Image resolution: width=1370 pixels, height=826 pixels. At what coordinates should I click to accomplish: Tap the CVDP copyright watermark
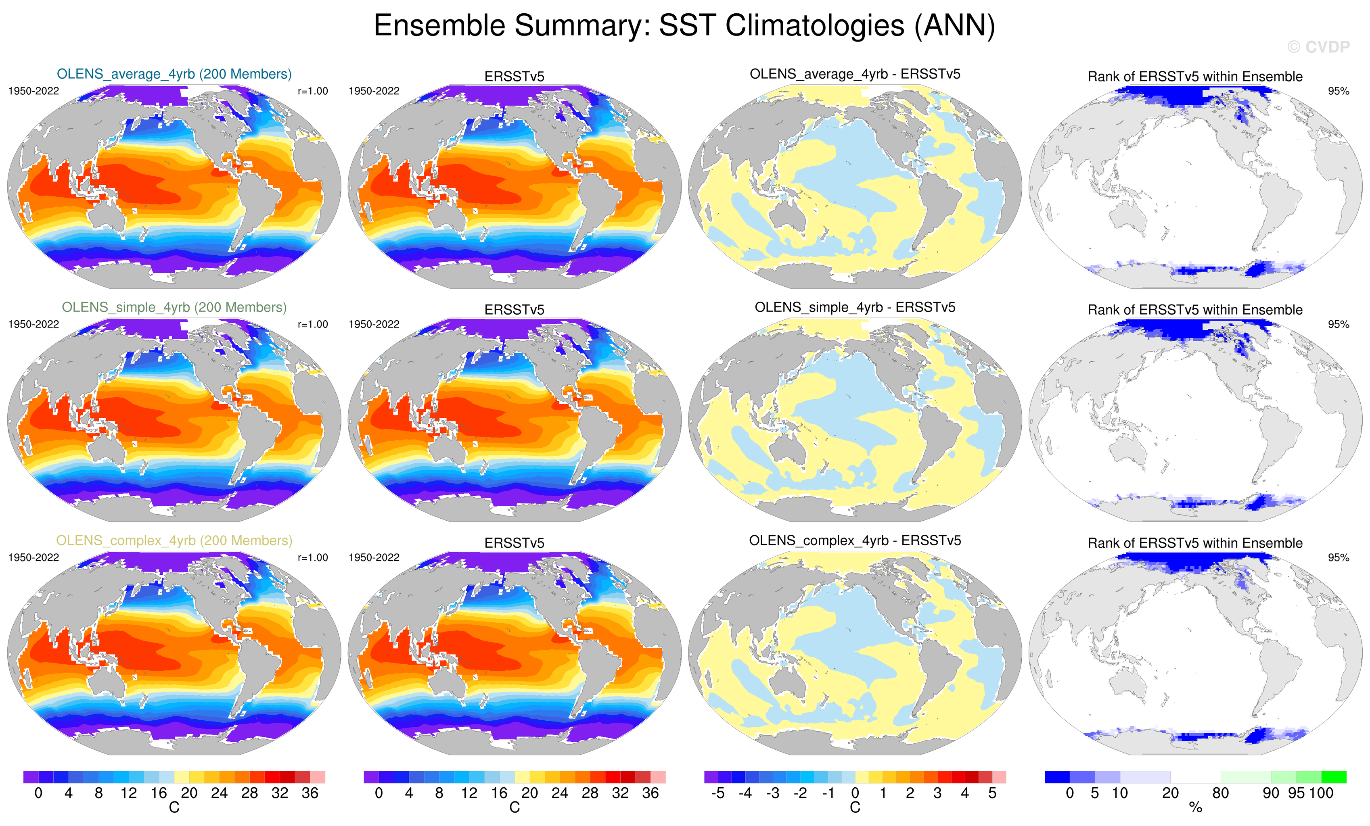click(x=1318, y=47)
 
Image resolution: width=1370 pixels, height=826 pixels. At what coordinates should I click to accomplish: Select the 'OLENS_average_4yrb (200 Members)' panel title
click(x=174, y=74)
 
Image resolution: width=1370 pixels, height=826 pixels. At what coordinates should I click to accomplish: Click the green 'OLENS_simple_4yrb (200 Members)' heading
click(x=174, y=307)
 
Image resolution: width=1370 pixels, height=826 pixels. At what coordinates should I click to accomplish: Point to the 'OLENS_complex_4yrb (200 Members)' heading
click(x=174, y=540)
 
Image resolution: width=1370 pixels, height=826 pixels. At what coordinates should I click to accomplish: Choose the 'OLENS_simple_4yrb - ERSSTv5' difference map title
click(x=855, y=307)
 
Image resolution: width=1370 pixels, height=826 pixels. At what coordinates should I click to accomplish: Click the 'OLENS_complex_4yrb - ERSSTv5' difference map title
click(x=855, y=540)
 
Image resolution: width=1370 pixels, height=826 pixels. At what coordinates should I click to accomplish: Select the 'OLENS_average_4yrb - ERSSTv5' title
click(x=855, y=74)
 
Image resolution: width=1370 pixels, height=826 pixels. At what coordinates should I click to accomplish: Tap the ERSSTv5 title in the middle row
click(x=515, y=310)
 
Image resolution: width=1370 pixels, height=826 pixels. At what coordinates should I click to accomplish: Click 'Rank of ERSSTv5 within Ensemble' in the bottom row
click(x=1195, y=543)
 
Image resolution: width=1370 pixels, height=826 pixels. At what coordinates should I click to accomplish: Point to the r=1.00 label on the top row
click(x=313, y=91)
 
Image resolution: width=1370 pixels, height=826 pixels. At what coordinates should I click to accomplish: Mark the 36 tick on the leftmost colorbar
click(x=310, y=793)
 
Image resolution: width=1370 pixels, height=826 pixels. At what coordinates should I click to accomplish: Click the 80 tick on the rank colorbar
click(x=1220, y=793)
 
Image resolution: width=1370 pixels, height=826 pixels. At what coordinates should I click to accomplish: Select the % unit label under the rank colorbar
click(x=1195, y=808)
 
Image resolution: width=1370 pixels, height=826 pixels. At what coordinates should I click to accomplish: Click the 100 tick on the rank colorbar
click(x=1322, y=793)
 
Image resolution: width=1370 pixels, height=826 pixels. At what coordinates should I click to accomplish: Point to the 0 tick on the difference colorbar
click(x=855, y=793)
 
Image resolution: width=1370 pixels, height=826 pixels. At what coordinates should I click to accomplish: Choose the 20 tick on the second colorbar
click(x=529, y=793)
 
